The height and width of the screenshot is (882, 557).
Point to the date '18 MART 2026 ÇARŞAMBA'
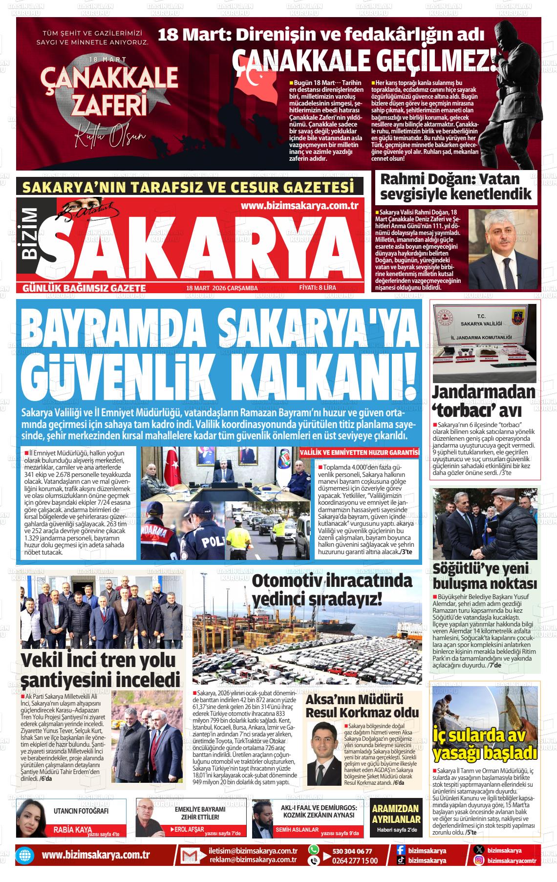click(x=222, y=288)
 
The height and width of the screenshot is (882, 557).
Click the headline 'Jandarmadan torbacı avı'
click(x=483, y=401)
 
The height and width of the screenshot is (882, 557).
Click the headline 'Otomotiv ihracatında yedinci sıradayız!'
click(x=332, y=590)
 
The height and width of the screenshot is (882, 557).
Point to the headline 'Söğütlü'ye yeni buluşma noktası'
click(x=485, y=576)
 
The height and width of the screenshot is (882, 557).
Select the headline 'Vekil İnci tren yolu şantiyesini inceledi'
click(x=100, y=669)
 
